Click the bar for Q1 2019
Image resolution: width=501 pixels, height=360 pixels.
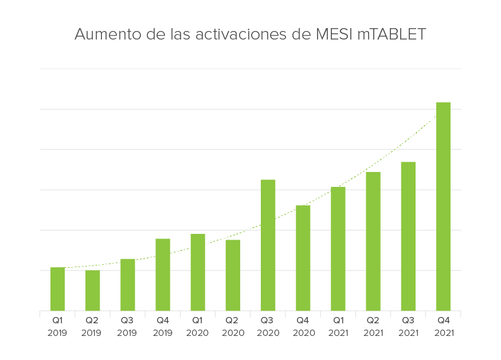click(57, 289)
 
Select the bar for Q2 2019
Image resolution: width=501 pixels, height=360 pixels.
click(92, 291)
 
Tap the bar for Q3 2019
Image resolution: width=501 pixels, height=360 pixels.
click(127, 285)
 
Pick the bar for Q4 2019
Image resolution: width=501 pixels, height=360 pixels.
click(163, 275)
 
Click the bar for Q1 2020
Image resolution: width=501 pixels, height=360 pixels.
click(198, 272)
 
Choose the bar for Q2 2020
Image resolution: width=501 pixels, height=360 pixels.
click(233, 275)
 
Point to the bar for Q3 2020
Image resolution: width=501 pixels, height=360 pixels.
click(268, 245)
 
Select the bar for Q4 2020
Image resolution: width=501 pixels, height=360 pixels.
click(303, 258)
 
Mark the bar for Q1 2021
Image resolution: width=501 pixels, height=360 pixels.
click(338, 249)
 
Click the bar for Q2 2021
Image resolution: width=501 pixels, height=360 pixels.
click(373, 241)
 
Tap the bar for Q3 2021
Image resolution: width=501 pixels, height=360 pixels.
click(408, 236)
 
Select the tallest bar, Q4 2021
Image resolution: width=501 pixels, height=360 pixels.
click(443, 206)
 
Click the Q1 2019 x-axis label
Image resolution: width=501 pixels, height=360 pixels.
click(57, 327)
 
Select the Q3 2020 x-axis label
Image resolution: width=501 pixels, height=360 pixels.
click(268, 327)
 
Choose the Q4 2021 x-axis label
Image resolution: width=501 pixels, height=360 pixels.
click(443, 327)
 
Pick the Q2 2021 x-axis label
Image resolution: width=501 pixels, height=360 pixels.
click(373, 327)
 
